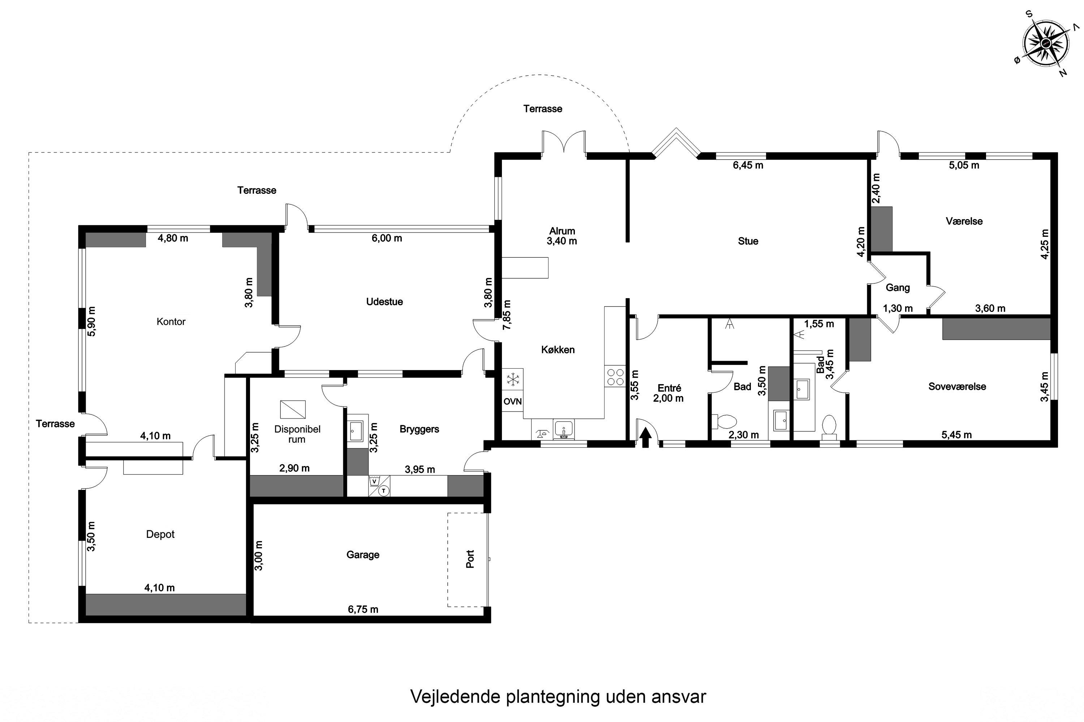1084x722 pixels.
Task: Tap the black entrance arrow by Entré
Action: (645, 438)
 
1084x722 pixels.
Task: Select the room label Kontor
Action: (171, 321)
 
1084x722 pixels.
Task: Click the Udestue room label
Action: (384, 301)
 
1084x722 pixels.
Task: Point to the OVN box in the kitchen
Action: (512, 401)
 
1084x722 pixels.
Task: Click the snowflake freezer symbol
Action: (512, 379)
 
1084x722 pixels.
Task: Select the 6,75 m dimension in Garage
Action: (363, 610)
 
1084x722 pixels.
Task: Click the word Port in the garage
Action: (470, 558)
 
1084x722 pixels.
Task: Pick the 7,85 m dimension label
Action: (507, 315)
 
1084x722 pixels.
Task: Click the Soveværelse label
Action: (957, 386)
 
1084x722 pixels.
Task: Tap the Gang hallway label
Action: (898, 288)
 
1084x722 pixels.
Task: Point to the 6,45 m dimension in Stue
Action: (748, 165)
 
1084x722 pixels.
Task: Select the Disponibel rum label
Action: (297, 434)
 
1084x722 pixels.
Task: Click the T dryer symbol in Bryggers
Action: (384, 491)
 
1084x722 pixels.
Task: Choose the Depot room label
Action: (160, 534)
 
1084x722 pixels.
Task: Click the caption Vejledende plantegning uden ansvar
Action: (558, 697)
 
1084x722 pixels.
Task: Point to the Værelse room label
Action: (964, 221)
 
